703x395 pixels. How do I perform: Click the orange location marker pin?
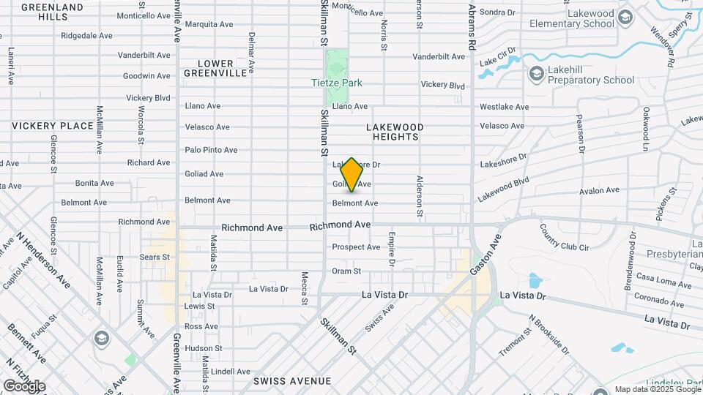coord(351,175)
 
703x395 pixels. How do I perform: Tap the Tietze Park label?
coord(335,83)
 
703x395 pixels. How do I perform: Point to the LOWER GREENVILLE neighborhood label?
coord(215,68)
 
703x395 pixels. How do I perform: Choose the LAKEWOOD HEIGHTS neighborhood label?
coord(395,132)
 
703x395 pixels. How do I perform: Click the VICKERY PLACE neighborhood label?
coord(53,126)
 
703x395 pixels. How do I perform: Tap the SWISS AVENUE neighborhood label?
coord(292,381)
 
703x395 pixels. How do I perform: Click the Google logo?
coord(24,385)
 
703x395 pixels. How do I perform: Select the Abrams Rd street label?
coord(473,25)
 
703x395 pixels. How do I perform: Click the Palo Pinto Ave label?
coord(211,150)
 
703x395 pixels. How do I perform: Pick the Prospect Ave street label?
coord(356,247)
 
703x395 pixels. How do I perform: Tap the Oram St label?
coord(346,271)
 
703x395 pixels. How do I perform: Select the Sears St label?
coord(154,257)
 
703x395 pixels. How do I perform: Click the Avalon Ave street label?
coord(598,191)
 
